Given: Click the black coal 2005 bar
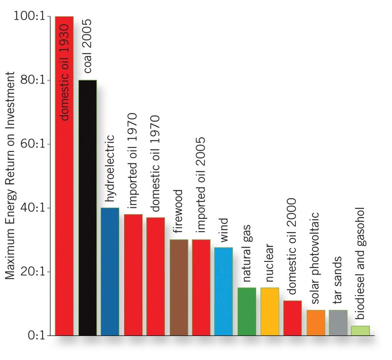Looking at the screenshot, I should (88, 213).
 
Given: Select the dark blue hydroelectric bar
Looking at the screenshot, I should (110, 272).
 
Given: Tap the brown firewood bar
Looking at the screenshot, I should (178, 288).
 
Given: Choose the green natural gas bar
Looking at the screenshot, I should (247, 312).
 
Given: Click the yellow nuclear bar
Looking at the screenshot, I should (269, 312).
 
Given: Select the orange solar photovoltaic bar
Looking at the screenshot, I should (315, 323).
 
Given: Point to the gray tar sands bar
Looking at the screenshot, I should (338, 323).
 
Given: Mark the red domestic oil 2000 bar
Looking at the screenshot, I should (292, 318).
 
